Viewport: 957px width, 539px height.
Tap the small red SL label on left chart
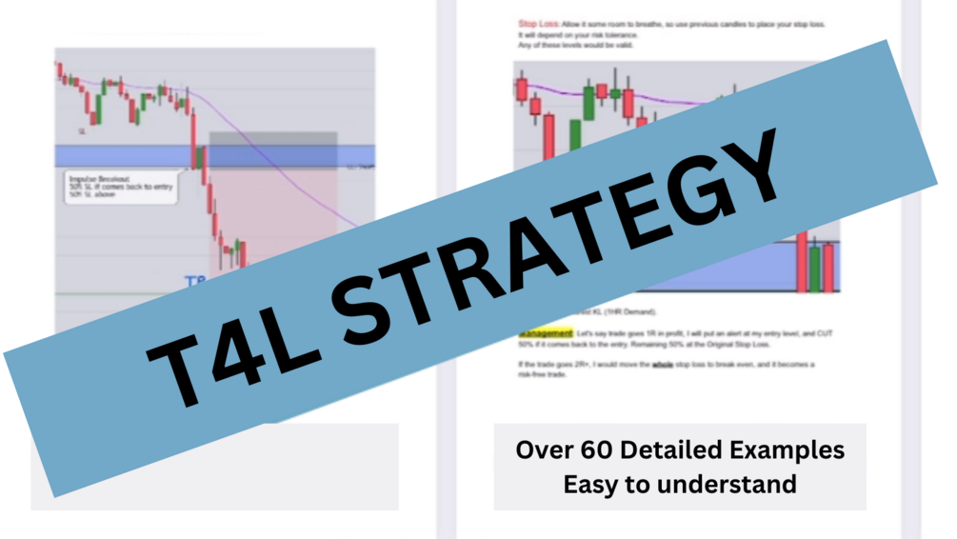(x=83, y=130)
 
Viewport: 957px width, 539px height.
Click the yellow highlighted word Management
(x=546, y=334)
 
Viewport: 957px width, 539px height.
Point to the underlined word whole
(x=665, y=365)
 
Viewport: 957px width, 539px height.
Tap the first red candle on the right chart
(x=522, y=90)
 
